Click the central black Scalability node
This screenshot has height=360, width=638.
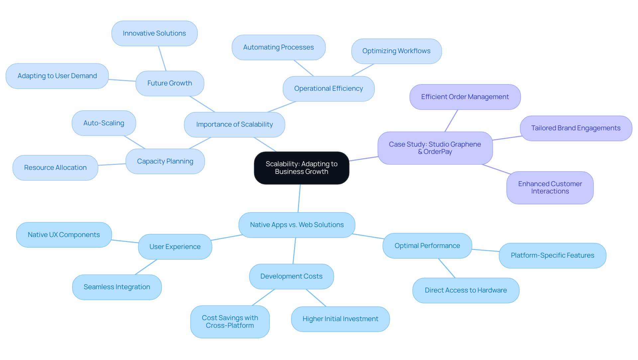[301, 168]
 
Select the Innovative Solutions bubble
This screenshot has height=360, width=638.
[154, 33]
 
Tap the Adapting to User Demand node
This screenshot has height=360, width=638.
[57, 76]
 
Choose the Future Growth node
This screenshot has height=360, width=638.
[169, 83]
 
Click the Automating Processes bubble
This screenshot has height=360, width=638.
[278, 47]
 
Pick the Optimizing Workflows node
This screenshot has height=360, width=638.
[396, 51]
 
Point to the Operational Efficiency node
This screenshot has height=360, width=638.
[328, 88]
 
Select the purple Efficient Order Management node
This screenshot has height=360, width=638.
[465, 97]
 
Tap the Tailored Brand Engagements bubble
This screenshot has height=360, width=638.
[576, 128]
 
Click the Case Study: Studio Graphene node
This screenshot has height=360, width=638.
[435, 145]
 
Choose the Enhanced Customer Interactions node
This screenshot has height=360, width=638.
[550, 187]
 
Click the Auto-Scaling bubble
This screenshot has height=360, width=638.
[104, 123]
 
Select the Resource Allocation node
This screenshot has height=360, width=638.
[55, 168]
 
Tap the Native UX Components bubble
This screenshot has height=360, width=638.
[64, 235]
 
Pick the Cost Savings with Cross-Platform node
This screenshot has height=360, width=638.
[230, 321]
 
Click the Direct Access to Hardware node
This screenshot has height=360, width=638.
[466, 290]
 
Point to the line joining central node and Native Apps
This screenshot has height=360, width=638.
[299, 198]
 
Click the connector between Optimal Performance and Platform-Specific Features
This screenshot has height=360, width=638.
[485, 250]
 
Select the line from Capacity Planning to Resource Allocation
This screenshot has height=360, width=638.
[112, 165]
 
